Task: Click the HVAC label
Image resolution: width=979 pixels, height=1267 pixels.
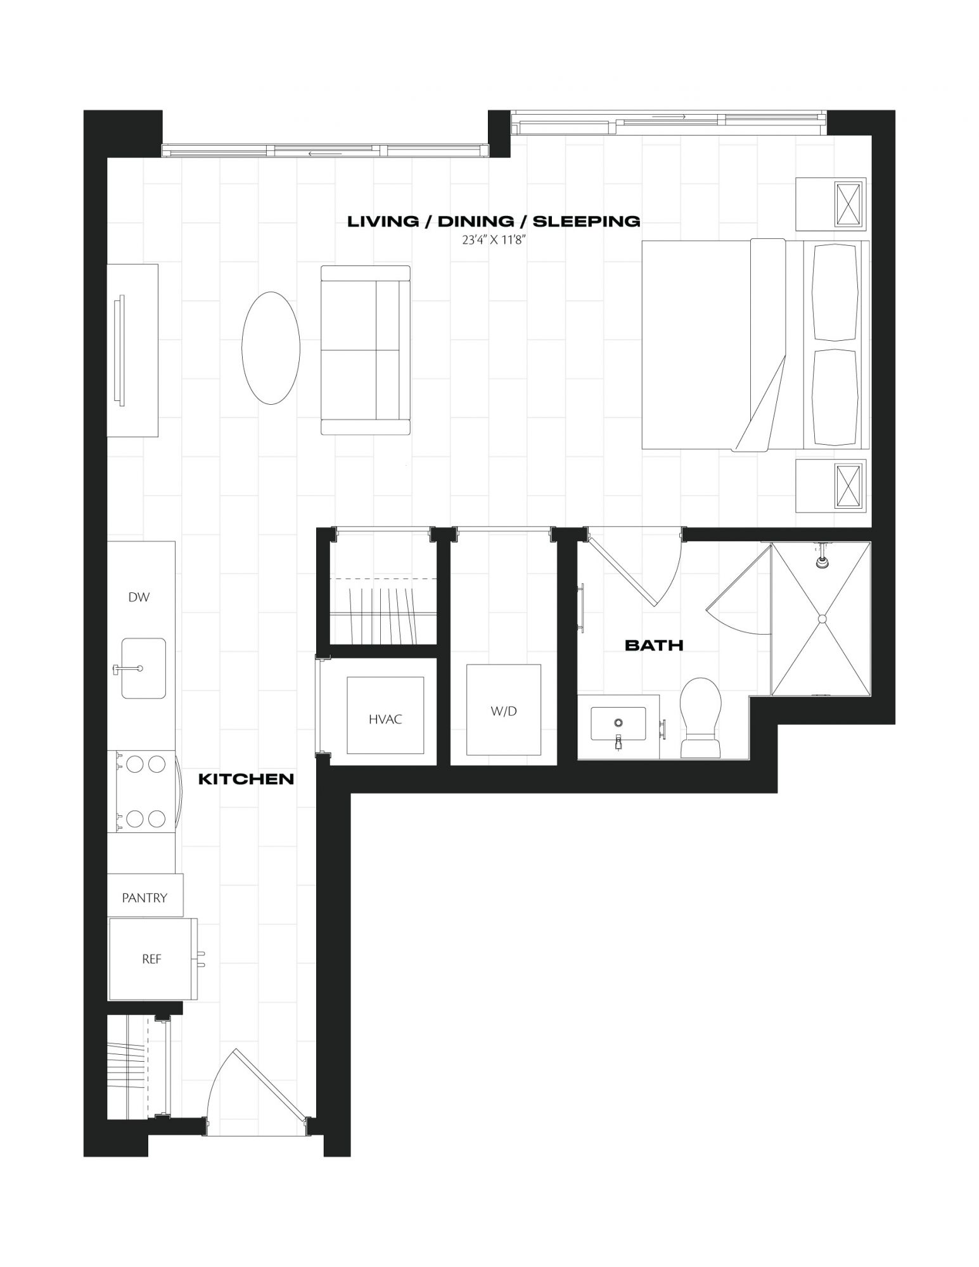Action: coord(385,720)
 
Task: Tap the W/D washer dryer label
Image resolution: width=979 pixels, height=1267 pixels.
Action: coord(504,711)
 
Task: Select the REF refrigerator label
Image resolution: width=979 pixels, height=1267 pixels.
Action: coord(151,959)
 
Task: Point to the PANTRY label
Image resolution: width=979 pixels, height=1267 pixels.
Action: coord(144,898)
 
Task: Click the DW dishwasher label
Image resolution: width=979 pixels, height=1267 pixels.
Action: coord(139,597)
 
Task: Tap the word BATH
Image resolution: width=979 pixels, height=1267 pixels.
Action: coord(654,646)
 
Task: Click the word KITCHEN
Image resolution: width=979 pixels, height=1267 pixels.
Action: coord(246,779)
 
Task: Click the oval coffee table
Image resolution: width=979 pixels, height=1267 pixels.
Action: coord(271,348)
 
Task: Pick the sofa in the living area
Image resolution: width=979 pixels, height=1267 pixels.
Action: coord(366,350)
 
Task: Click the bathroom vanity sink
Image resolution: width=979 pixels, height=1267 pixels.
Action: coord(618,723)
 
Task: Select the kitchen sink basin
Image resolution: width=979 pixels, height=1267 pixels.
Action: coord(144,668)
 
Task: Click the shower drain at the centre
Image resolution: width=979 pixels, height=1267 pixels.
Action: coord(822,618)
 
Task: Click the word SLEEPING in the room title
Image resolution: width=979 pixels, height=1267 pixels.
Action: coord(586,221)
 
